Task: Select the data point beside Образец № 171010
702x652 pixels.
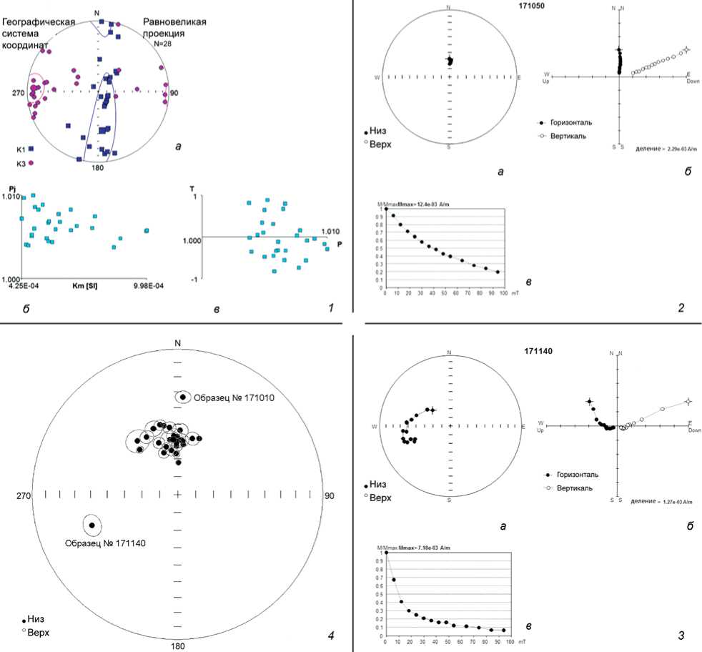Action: (x=183, y=397)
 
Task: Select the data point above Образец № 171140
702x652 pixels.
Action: (x=92, y=525)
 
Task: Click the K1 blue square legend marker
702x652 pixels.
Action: (x=31, y=149)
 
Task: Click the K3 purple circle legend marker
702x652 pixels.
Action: (x=31, y=164)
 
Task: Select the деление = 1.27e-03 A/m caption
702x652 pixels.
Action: (x=666, y=501)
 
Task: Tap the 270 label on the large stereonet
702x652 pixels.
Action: (x=26, y=495)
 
